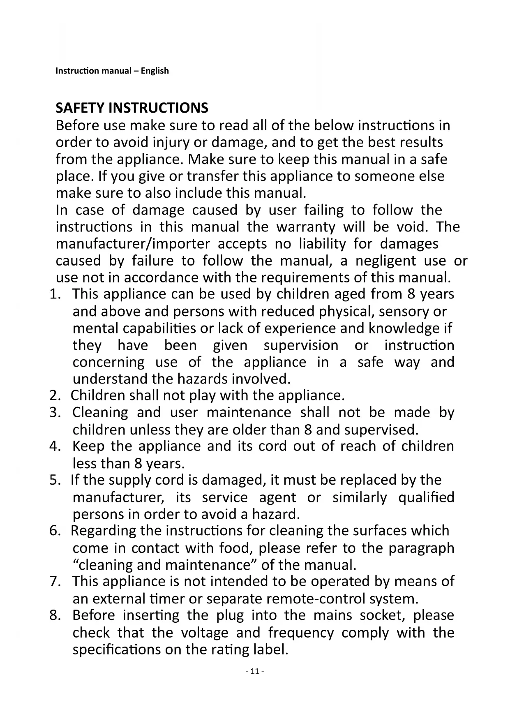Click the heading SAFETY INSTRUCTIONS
pos(132,108)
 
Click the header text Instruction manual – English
pos(112,71)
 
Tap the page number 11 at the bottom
pos(255,672)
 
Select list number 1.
pos(55,294)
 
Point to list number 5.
pos(55,480)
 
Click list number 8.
pos(55,615)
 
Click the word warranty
pos(305,227)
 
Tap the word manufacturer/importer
pos(133,244)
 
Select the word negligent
pos(385,261)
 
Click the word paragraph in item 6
pos(421,548)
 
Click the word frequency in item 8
pos(300,632)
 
